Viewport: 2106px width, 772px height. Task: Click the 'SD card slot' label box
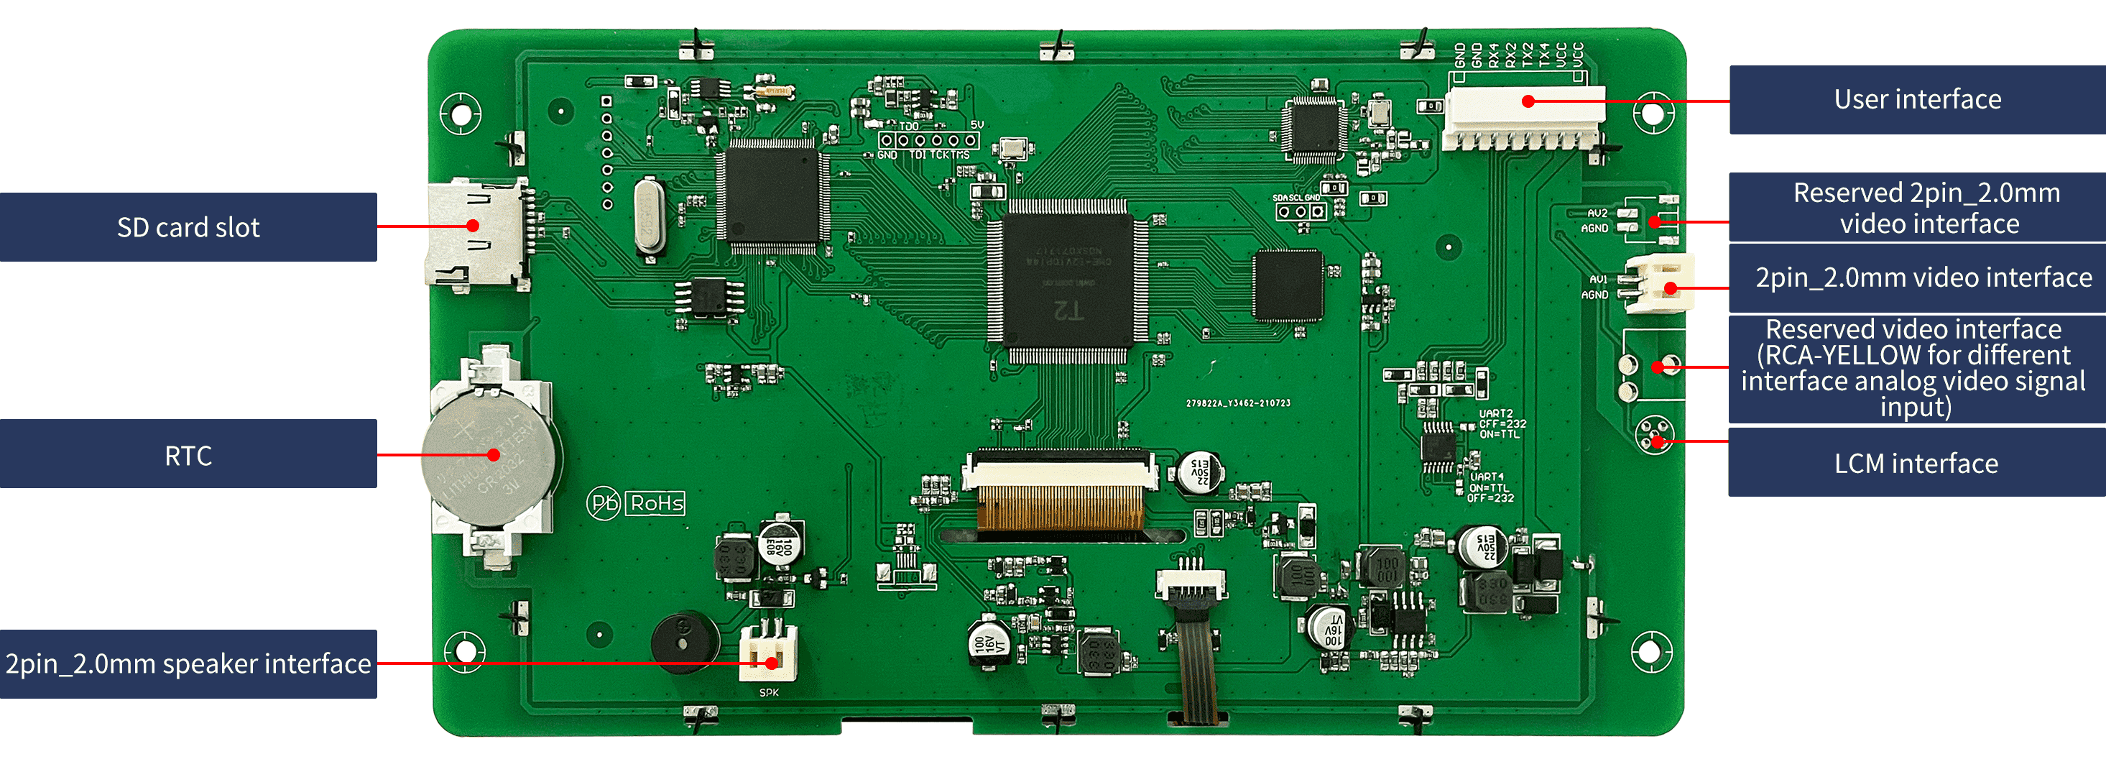pyautogui.click(x=188, y=227)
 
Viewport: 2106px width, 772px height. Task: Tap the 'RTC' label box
pyautogui.click(x=188, y=455)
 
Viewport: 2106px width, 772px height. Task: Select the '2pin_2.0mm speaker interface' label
pyautogui.click(x=188, y=663)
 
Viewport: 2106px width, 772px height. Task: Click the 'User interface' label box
pyautogui.click(x=1917, y=100)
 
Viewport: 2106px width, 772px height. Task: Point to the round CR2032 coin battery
pyautogui.click(x=488, y=456)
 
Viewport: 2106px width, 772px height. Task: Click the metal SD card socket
pyautogui.click(x=474, y=233)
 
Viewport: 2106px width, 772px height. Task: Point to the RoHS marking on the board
pyautogui.click(x=657, y=503)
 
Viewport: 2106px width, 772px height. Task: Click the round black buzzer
pyautogui.click(x=684, y=641)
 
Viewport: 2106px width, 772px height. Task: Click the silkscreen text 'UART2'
pyautogui.click(x=1495, y=414)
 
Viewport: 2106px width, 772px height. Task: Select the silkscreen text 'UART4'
pyautogui.click(x=1487, y=477)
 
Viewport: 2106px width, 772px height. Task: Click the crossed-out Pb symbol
pyautogui.click(x=604, y=503)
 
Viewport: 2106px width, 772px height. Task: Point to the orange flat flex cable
pyautogui.click(x=1061, y=507)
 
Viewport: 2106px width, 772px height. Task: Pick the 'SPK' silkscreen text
pyautogui.click(x=769, y=693)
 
